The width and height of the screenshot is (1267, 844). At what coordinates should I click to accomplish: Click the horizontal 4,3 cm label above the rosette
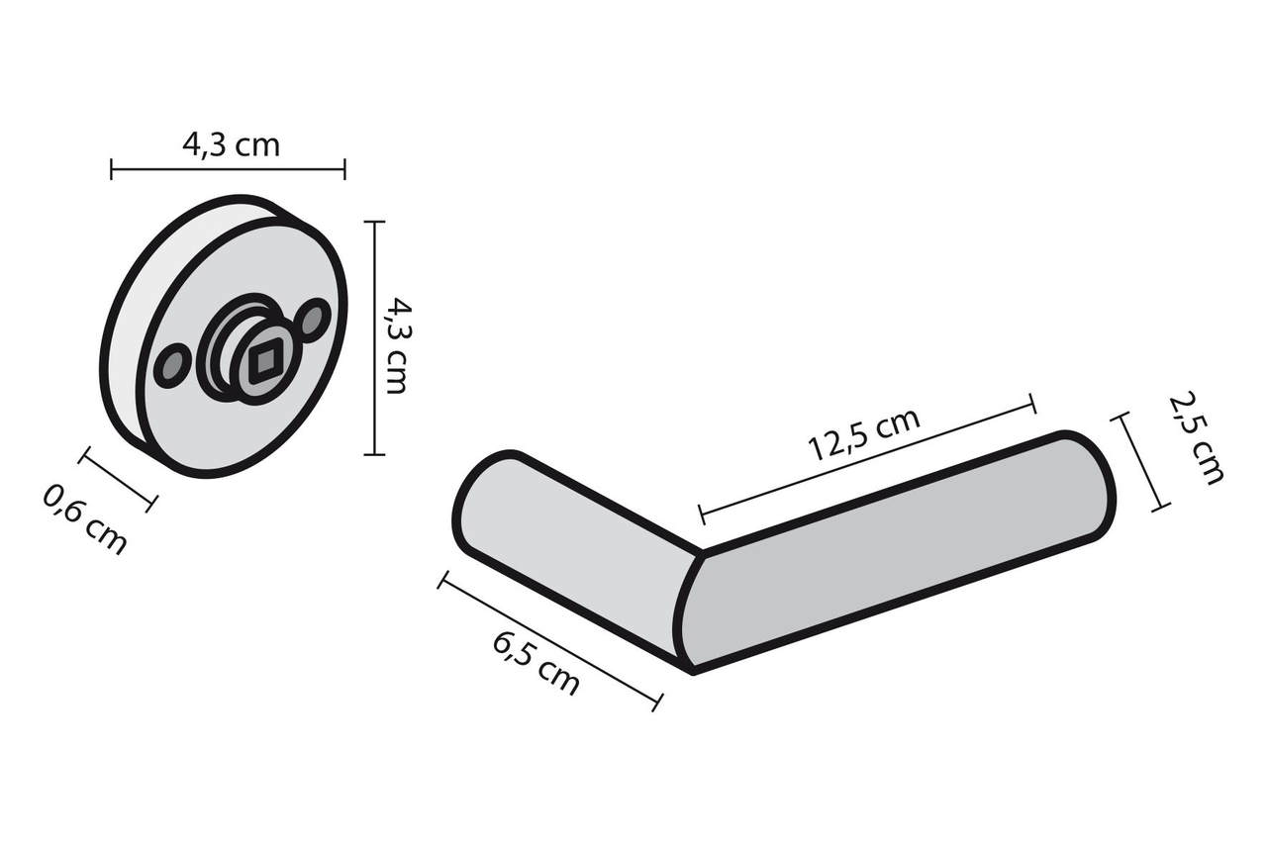pyautogui.click(x=231, y=145)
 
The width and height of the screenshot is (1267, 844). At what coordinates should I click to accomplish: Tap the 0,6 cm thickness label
pyautogui.click(x=84, y=518)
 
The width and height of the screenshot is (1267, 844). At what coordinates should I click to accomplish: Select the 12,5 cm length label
pyautogui.click(x=864, y=433)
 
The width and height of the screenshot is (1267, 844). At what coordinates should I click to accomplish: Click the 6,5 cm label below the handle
pyautogui.click(x=536, y=664)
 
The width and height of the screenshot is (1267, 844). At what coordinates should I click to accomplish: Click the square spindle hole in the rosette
pyautogui.click(x=262, y=361)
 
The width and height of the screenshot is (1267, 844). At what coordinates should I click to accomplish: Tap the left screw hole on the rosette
pyautogui.click(x=170, y=365)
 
